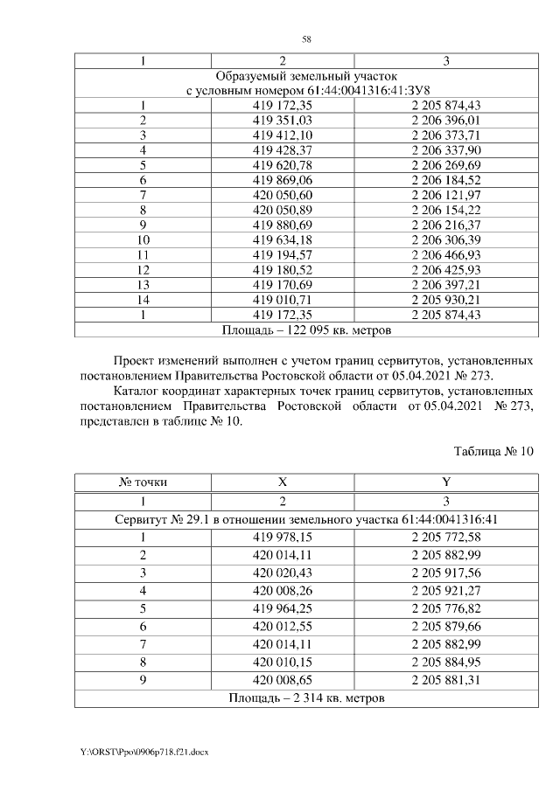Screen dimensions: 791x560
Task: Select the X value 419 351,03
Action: pos(283,120)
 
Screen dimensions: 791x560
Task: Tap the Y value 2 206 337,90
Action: pos(446,149)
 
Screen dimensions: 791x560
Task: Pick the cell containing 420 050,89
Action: pos(283,210)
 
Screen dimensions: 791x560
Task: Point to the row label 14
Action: pos(143,300)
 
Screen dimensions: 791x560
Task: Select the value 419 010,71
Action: pos(283,300)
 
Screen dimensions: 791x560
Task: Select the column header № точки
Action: pos(143,482)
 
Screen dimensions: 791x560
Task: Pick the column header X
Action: pos(283,482)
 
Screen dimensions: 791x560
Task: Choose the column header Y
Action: pos(446,482)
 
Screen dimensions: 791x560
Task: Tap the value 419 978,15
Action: pos(283,537)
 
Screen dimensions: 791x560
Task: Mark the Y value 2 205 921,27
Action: pos(446,590)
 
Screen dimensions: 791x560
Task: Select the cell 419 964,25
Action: pos(283,608)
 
